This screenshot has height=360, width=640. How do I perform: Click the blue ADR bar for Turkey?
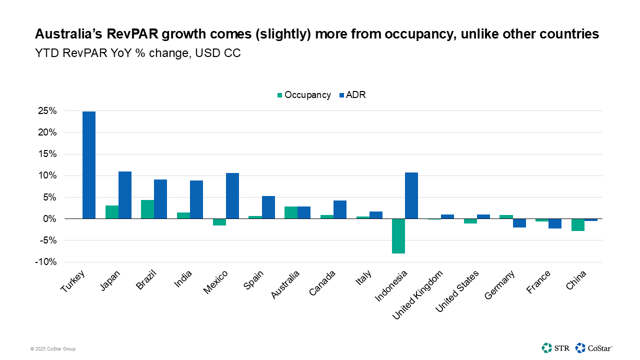(89, 165)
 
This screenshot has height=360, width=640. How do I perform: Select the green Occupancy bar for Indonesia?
(398, 236)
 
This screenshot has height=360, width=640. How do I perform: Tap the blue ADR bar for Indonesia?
(411, 195)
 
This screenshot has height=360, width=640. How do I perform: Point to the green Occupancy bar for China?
(578, 224)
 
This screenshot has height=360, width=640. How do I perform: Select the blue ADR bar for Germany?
(519, 223)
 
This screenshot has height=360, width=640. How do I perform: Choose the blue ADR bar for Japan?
(125, 195)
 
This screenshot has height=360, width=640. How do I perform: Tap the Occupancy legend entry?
(304, 95)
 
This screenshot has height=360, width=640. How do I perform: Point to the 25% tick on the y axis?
(46, 111)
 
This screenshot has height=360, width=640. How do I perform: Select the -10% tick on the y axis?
(46, 262)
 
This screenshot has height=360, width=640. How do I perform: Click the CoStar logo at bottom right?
(594, 347)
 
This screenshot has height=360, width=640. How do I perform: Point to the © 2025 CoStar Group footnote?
(53, 349)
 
